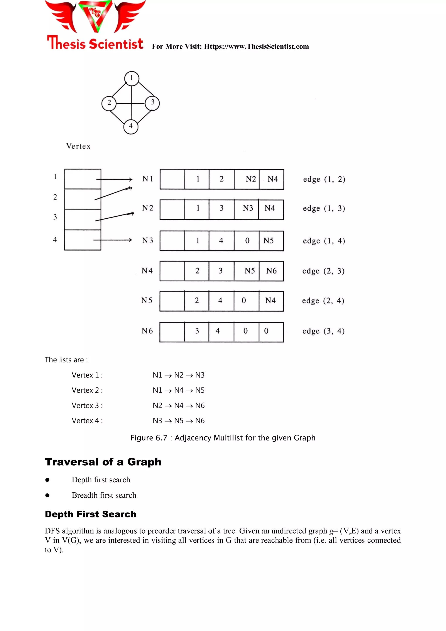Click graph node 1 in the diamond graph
click(x=132, y=78)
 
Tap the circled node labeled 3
click(x=152, y=103)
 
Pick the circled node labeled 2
click(x=109, y=103)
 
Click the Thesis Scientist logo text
click(x=95, y=43)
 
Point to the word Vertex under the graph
click(x=78, y=146)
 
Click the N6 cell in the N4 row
click(x=271, y=271)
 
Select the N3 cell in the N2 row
click(x=247, y=208)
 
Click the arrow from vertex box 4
click(x=113, y=240)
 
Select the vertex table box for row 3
click(x=83, y=219)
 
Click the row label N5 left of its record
click(x=147, y=300)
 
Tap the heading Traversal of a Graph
click(x=103, y=462)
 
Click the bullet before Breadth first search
click(x=47, y=495)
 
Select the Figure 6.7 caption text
click(x=223, y=438)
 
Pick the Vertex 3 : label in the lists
click(x=87, y=405)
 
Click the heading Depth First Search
click(x=91, y=514)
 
